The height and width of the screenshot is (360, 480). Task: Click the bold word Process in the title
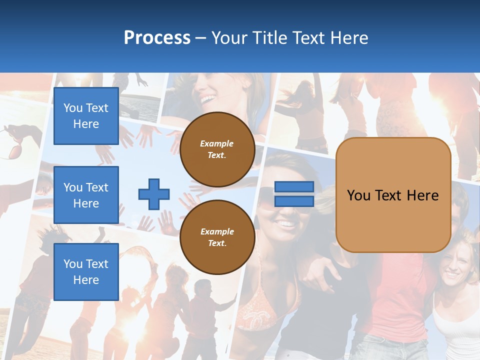click(x=157, y=38)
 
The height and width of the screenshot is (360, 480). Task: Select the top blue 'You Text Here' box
click(x=86, y=116)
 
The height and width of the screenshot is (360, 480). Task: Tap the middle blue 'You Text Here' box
click(x=86, y=195)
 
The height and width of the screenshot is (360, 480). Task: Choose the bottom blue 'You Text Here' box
click(x=86, y=272)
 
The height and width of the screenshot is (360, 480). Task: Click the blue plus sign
click(x=154, y=194)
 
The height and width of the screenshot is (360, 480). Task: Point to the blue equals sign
click(x=294, y=194)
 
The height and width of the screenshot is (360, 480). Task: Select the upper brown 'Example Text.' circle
click(x=217, y=149)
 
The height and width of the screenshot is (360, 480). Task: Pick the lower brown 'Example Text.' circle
click(x=217, y=237)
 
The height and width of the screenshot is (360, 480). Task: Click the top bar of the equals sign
click(x=294, y=187)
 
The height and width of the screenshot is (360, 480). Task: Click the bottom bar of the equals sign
click(x=294, y=201)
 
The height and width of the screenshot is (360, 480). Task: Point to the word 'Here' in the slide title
click(x=349, y=38)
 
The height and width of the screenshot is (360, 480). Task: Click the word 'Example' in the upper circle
click(x=217, y=143)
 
